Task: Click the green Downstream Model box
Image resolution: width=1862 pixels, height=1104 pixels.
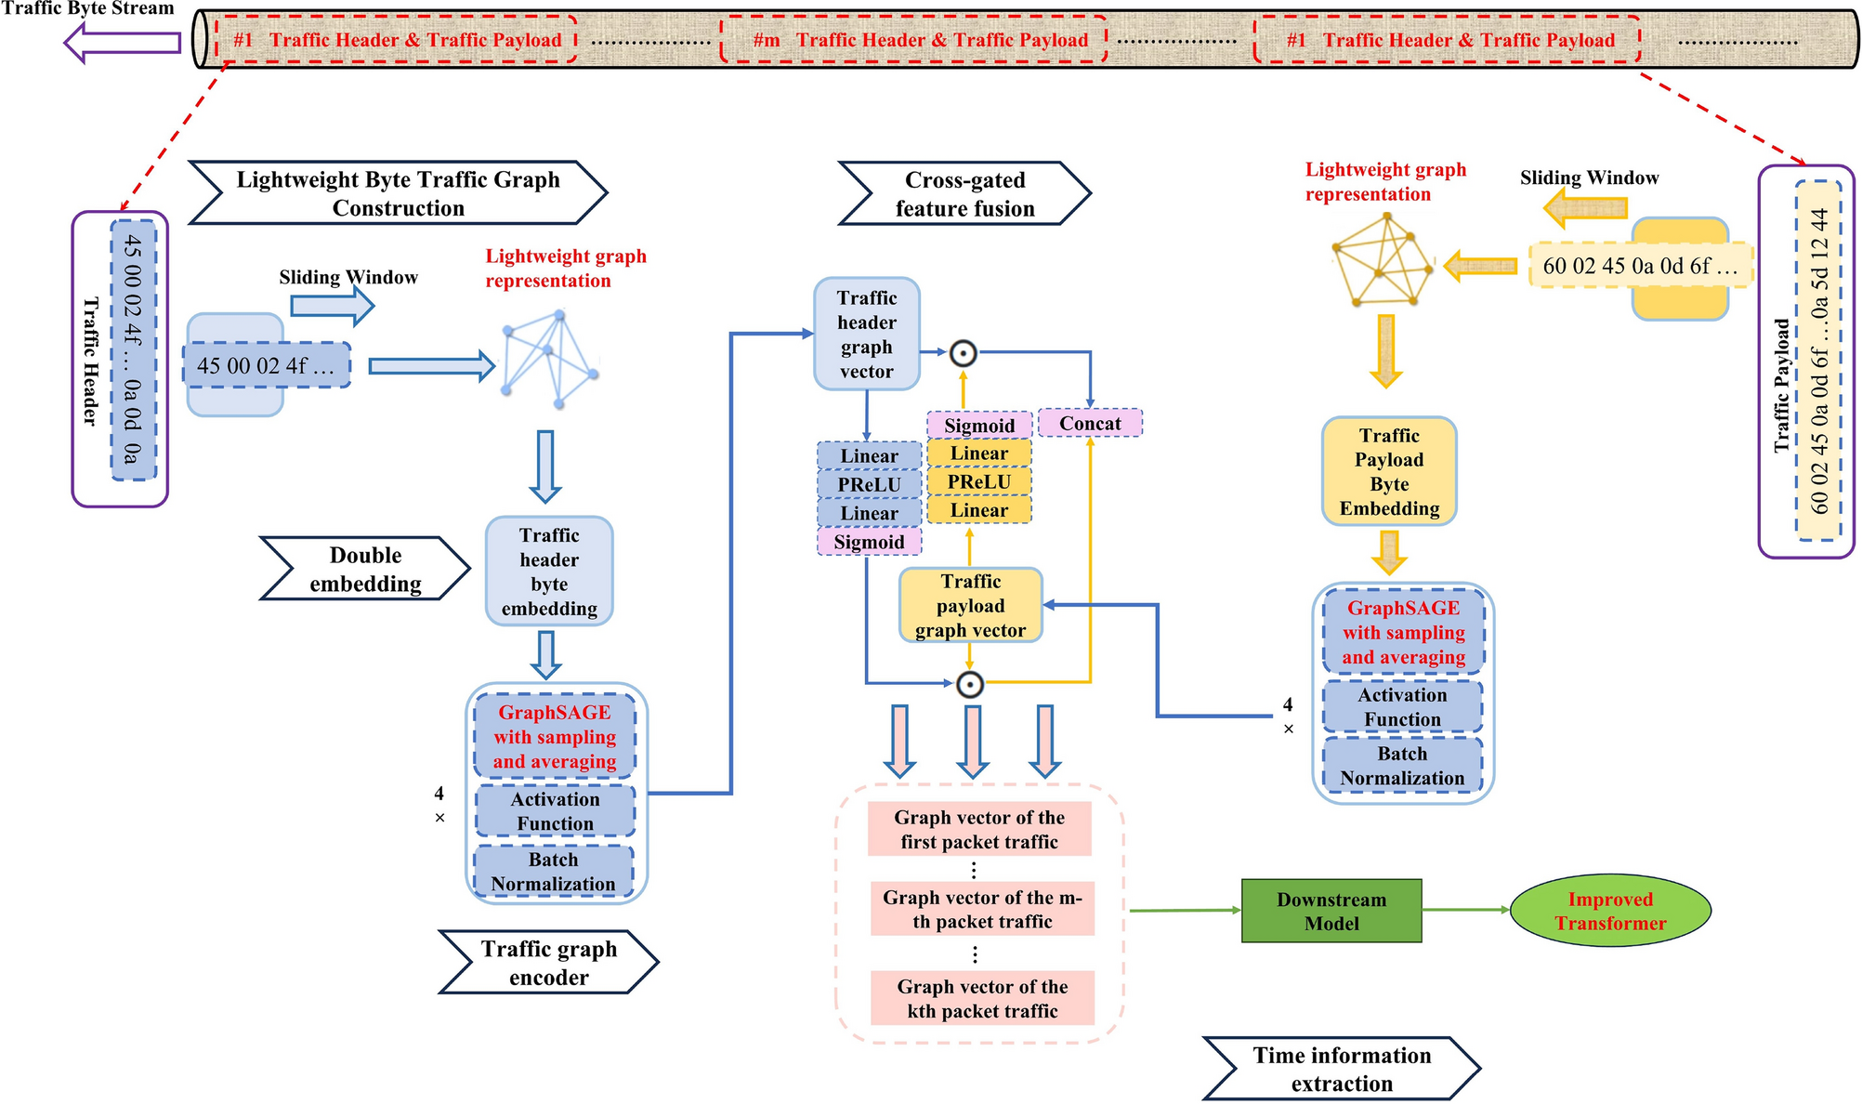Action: [1331, 911]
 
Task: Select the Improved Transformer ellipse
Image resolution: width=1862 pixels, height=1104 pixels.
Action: [1609, 911]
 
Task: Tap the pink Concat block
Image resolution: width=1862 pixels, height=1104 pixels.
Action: [1089, 423]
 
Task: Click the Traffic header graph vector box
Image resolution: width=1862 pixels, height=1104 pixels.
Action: [866, 334]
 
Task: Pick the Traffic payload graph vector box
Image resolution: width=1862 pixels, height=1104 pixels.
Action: [970, 605]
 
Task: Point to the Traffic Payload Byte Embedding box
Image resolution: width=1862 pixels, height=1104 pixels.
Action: [1388, 471]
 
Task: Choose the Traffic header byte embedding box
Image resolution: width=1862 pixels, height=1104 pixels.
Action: [548, 571]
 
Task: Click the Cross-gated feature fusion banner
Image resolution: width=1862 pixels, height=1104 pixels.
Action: [964, 193]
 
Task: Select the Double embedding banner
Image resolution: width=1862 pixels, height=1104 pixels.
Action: [364, 569]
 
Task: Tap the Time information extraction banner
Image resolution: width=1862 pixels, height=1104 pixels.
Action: [1341, 1069]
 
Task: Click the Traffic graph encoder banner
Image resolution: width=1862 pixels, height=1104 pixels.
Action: [548, 962]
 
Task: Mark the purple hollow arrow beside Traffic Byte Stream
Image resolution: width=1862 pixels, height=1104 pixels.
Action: [123, 42]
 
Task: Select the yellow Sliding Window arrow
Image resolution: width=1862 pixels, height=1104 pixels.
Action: [1585, 207]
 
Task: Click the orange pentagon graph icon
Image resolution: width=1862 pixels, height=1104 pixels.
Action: [1383, 260]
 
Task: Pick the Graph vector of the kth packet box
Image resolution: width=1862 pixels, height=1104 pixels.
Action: [981, 998]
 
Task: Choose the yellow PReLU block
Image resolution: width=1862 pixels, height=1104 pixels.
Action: [978, 481]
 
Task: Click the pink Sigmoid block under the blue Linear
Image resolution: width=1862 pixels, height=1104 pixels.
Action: [869, 542]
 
